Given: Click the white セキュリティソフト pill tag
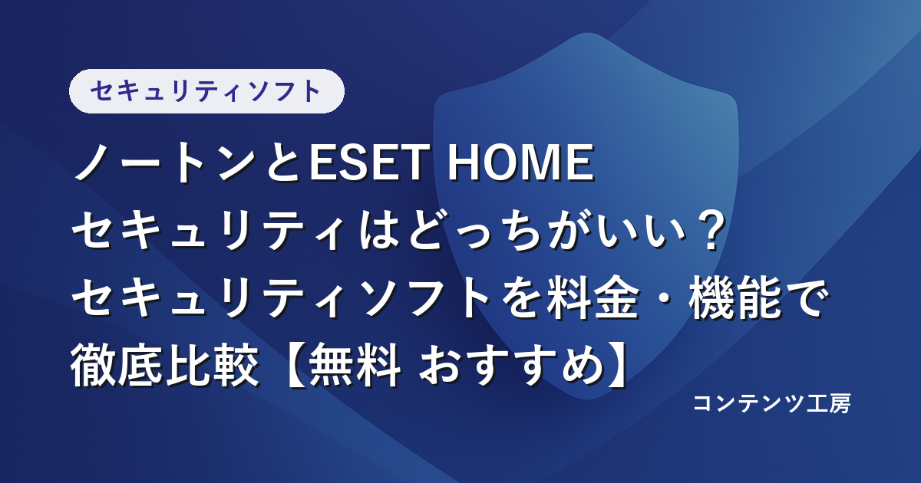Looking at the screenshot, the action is pyautogui.click(x=206, y=91).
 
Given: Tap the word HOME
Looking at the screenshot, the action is pyautogui.click(x=520, y=163).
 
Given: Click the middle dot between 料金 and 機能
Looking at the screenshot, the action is pyautogui.click(x=664, y=298).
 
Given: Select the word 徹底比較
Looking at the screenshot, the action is pyautogui.click(x=165, y=365).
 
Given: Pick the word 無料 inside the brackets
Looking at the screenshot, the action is pyautogui.click(x=355, y=365).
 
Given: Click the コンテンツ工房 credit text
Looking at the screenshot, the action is pyautogui.click(x=772, y=403).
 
